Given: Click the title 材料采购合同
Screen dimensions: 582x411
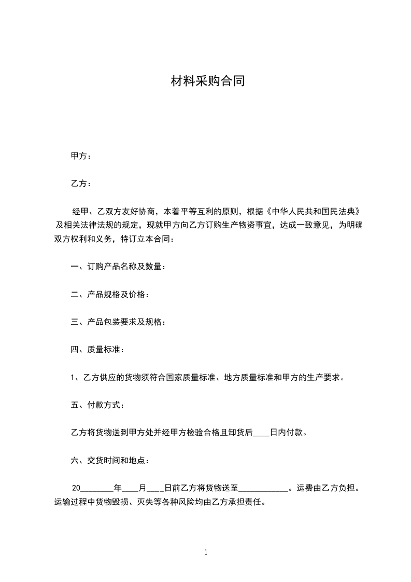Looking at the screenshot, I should [x=207, y=81].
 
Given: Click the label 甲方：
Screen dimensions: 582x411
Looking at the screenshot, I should [x=81, y=156].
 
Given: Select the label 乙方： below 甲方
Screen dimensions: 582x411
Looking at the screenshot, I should [x=81, y=184].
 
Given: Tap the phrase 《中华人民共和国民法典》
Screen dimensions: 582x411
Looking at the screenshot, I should [x=311, y=212].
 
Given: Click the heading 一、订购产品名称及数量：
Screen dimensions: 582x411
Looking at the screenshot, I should [x=118, y=267].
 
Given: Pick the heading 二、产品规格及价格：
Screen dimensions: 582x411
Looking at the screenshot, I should [x=110, y=295].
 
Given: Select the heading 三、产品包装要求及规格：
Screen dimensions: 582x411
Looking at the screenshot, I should [x=118, y=322].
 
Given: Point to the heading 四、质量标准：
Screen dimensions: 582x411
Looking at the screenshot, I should [x=97, y=350].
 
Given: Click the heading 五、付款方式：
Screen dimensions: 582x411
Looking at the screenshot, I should [x=97, y=405].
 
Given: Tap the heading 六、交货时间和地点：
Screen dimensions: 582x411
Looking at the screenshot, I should [x=110, y=460].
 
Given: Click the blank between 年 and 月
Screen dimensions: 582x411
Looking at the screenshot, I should [x=130, y=488].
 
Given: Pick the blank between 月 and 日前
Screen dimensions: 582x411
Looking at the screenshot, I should [x=155, y=488].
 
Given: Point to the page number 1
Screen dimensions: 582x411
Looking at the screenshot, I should [x=206, y=553].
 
